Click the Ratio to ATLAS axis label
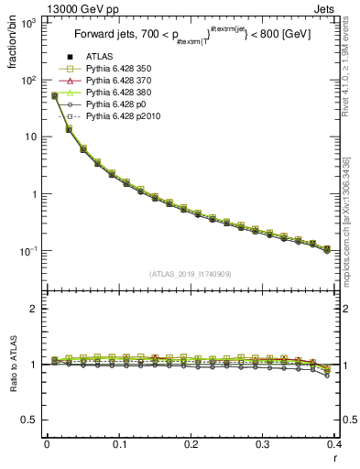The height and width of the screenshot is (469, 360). (x=13, y=366)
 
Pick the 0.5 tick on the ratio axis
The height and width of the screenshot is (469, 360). (x=31, y=420)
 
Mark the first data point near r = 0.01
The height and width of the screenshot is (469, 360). (x=55, y=95)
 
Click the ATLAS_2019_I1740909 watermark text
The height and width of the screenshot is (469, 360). (x=191, y=275)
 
